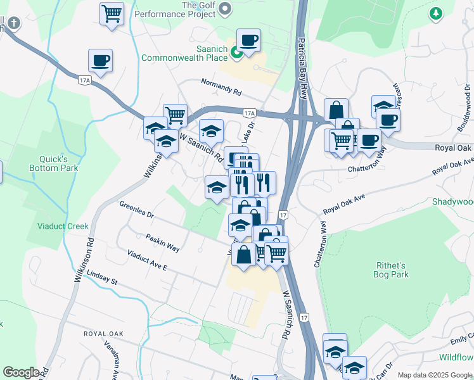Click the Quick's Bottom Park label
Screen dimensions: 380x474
[53, 163]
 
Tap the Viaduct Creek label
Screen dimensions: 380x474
[62, 226]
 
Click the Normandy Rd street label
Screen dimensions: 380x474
[221, 87]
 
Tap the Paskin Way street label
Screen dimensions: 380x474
[162, 243]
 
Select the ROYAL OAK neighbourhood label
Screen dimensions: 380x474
[103, 333]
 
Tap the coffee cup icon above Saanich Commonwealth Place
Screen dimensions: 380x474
[248, 41]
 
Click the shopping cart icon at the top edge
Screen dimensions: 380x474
[112, 13]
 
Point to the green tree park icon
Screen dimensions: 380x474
[435, 13]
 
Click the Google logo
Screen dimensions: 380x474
[21, 372]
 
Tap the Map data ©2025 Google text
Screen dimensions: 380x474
[434, 375]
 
